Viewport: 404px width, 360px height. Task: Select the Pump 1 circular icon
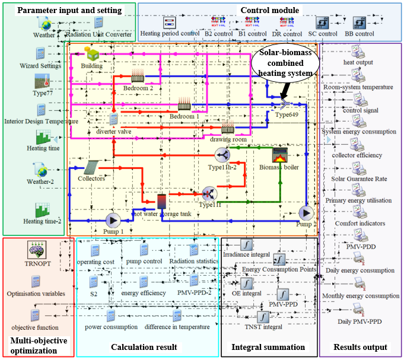(x=113, y=219)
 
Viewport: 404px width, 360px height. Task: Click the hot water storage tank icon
(x=161, y=202)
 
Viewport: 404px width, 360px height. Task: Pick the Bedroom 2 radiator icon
(x=138, y=77)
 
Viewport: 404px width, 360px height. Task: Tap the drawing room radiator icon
(x=228, y=128)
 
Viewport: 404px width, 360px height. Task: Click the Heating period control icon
(x=170, y=23)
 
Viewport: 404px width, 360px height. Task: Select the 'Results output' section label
(x=360, y=347)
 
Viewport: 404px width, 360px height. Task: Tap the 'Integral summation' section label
(x=267, y=347)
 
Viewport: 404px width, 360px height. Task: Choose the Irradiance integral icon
(x=246, y=244)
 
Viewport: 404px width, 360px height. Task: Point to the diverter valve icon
(x=114, y=119)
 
